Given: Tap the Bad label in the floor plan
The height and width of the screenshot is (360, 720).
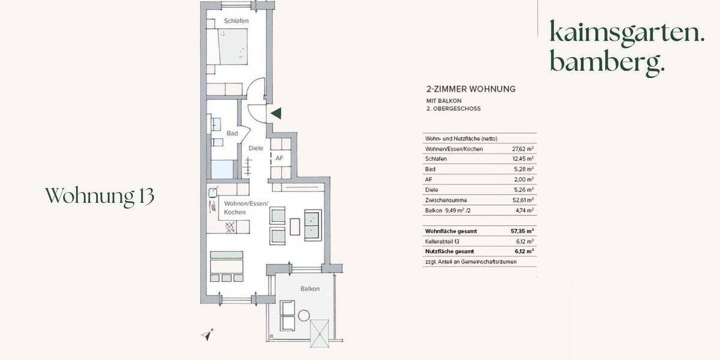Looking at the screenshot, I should coord(232,133).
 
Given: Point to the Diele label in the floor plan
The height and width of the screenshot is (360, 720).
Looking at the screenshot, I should coord(256,148).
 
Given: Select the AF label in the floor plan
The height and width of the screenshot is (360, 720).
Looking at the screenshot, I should coord(279,158).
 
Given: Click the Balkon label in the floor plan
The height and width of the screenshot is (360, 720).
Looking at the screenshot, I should coord(310,289).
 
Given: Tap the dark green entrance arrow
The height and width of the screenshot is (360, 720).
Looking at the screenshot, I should coord(276,113).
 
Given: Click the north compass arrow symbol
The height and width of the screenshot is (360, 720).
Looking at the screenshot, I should coord(208,335).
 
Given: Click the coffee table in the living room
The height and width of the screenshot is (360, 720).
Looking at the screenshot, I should coord(295,226).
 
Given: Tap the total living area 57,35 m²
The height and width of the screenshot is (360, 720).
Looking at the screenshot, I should coord(522,230).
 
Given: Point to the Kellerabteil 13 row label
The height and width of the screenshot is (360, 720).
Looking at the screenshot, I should coord(444,241).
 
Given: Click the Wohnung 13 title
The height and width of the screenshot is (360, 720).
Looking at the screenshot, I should coord(100,196).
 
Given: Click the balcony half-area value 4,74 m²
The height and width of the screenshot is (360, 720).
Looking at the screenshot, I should coord(523,210).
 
